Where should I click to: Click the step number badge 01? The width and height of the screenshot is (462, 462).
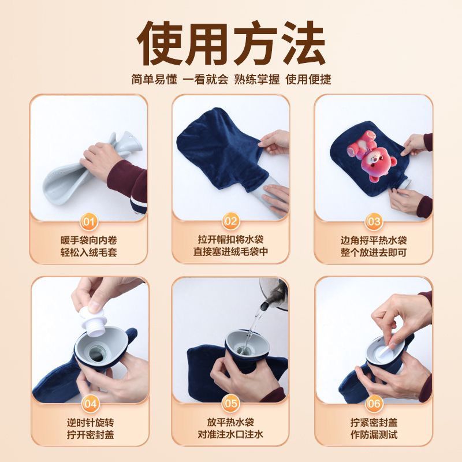point(89,222)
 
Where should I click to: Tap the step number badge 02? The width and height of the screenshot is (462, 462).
point(230,221)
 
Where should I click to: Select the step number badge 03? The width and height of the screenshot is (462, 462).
point(374,221)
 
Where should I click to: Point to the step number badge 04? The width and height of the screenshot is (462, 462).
point(90,404)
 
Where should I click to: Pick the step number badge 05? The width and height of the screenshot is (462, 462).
point(230,403)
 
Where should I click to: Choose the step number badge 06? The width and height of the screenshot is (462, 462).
point(374,403)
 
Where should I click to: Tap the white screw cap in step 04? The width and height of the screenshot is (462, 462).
point(91,321)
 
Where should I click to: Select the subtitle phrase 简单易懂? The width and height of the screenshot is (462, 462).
point(154,79)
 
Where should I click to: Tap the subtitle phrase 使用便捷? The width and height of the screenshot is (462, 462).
point(308,79)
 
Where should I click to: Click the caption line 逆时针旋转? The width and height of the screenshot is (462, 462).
point(90,423)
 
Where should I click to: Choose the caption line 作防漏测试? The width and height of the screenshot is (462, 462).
point(374,434)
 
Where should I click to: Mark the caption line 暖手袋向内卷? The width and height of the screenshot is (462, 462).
point(89,240)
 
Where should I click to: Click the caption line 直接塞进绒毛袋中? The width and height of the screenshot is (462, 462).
point(230,252)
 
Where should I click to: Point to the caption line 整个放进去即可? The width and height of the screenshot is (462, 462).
point(374,252)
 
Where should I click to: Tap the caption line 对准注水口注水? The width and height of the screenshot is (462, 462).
point(230,434)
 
